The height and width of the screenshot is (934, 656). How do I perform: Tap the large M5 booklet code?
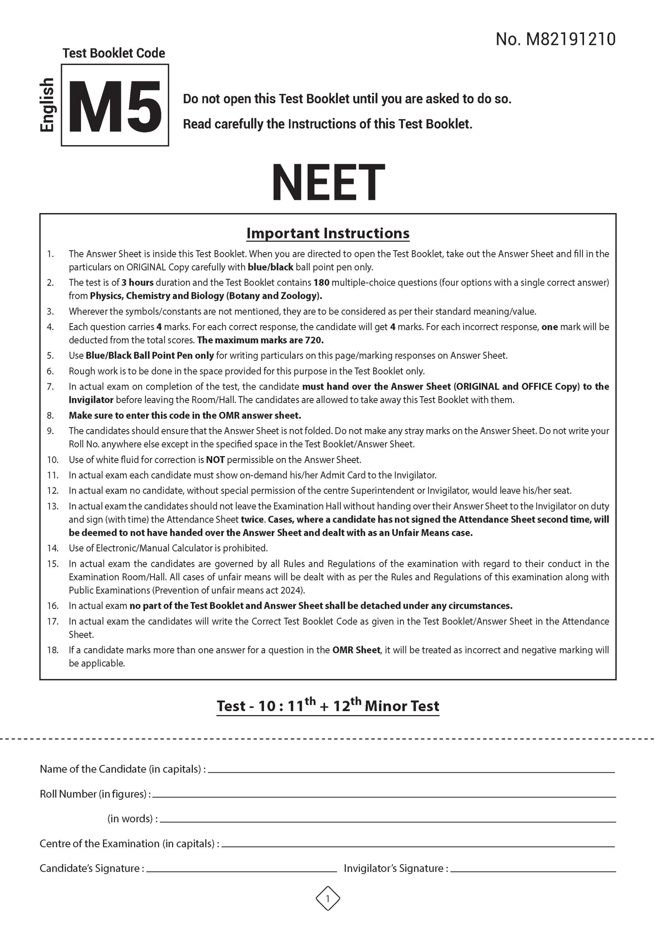coord(115,107)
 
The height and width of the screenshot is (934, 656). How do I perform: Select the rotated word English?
coord(47,105)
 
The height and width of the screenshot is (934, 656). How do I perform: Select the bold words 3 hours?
coord(137,282)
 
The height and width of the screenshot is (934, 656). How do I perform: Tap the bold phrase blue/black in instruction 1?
coord(270,267)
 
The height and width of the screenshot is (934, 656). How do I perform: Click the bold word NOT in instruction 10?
coord(215,460)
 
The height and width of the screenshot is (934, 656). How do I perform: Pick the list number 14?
coord(53,548)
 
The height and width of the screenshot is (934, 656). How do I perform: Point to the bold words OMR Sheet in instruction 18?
coord(356,650)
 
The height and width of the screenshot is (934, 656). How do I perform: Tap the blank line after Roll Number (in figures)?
coord(383,796)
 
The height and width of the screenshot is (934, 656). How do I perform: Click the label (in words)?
coord(132,818)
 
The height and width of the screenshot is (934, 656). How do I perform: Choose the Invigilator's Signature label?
coord(396,868)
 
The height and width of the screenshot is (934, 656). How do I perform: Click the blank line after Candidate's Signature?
coord(241,871)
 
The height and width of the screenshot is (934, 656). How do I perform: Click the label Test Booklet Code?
coord(114,53)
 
